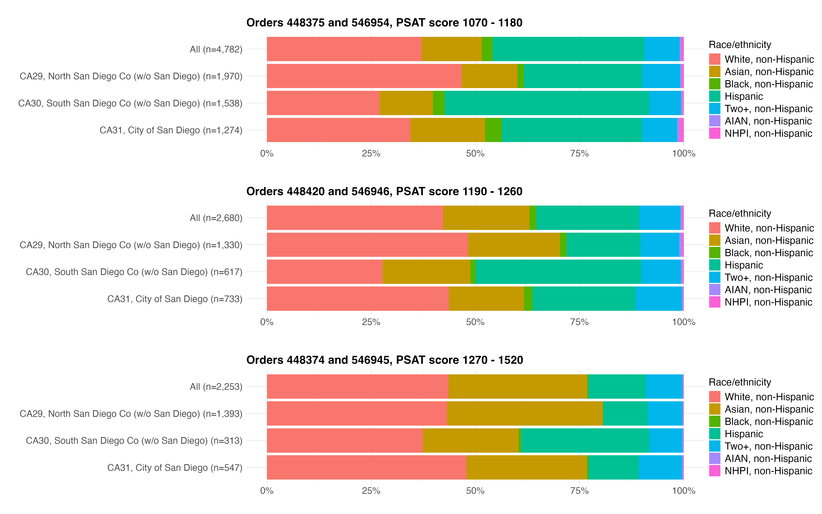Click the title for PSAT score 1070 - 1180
(384, 23)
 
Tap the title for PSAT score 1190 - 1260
(384, 191)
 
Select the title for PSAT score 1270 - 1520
(384, 360)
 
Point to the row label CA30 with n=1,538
(130, 103)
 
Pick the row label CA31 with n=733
(175, 299)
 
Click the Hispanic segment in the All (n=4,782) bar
(568, 49)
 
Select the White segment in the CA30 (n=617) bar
(324, 272)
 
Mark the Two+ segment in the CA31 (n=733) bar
(659, 298)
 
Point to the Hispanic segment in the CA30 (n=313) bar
(585, 440)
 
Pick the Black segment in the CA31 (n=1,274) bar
(493, 130)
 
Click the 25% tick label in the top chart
(371, 154)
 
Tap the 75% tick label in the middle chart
(579, 322)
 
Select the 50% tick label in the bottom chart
(475, 491)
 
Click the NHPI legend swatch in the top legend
(715, 133)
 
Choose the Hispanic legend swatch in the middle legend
(715, 265)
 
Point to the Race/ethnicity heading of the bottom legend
(740, 382)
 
